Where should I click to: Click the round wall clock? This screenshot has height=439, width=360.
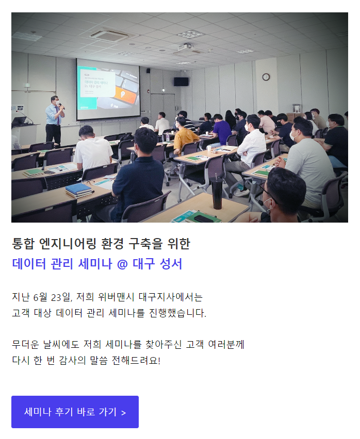pos(266,77)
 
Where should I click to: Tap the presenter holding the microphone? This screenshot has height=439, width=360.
pos(55,121)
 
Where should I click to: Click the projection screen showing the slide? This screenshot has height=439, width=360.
pos(108,90)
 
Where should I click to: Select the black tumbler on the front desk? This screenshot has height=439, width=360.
pos(217,193)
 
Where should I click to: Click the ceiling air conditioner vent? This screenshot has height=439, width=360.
pos(109,35)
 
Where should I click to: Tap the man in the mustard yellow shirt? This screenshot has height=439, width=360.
pos(185,137)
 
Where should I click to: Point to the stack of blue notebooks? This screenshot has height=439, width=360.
pos(79,190)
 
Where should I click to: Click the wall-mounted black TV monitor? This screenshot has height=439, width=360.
pos(181,81)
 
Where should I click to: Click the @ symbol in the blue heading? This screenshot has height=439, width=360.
pos(122,264)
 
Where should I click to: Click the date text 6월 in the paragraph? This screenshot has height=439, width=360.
pos(40,297)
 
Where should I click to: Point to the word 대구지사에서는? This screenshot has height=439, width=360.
pos(171,297)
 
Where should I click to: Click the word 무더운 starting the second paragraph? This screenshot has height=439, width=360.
pos(25,344)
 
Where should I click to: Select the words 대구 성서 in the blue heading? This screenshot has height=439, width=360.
pos(157,264)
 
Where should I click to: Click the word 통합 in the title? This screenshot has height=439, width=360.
pos(23,244)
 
